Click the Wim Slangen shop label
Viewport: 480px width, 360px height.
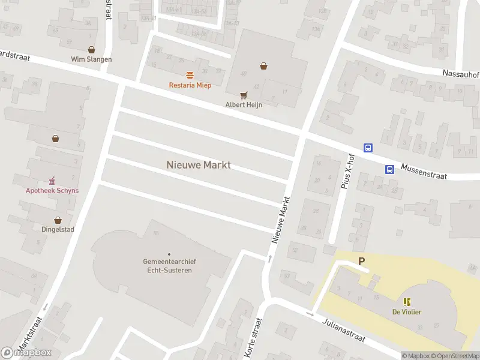point(91,59)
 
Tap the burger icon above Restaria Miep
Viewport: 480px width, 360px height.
point(190,75)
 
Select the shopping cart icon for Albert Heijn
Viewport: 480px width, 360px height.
point(244,95)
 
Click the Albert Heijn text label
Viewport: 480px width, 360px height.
point(244,104)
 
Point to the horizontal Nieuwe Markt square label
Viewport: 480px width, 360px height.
point(198,164)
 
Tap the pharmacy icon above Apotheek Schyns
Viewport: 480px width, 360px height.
point(52,181)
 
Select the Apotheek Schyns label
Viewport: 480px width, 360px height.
point(52,191)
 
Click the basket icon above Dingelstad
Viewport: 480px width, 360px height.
point(58,220)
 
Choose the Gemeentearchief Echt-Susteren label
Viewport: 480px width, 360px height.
point(169,266)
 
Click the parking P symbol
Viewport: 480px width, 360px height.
point(361,261)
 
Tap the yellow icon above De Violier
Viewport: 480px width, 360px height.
point(407,302)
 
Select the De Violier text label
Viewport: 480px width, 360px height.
point(407,311)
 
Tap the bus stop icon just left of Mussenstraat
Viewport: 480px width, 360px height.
point(389,169)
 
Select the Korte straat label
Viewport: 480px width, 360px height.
point(254,340)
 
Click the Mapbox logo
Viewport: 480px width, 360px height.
point(26,353)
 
